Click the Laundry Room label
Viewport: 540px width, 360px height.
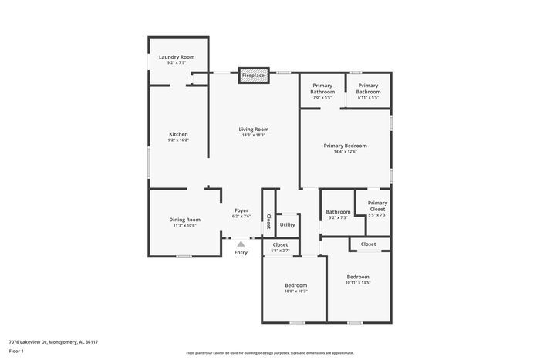[x=176, y=58]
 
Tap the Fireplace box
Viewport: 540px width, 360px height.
[x=253, y=76]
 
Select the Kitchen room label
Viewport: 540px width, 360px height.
[x=177, y=135]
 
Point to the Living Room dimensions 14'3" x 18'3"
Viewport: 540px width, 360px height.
[x=253, y=135]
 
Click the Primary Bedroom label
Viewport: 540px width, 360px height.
[x=345, y=146]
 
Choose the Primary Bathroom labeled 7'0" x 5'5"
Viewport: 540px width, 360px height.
[x=322, y=89]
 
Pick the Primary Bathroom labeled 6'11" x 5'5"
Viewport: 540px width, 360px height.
[x=368, y=89]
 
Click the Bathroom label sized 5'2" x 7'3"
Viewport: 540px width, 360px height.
[x=338, y=212]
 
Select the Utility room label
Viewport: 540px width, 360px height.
[x=287, y=224]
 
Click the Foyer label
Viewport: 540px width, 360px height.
[x=241, y=210]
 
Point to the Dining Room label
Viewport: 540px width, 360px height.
[x=184, y=220]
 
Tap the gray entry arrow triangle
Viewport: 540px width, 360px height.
[x=241, y=243]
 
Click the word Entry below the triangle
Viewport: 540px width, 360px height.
[x=241, y=252]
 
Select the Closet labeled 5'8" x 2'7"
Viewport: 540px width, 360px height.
[x=280, y=244]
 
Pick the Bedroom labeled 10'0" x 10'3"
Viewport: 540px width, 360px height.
[x=295, y=284]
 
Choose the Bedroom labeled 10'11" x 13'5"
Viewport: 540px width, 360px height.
[x=357, y=277]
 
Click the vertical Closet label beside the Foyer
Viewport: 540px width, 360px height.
[x=268, y=222]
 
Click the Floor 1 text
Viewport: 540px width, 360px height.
[x=17, y=351]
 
